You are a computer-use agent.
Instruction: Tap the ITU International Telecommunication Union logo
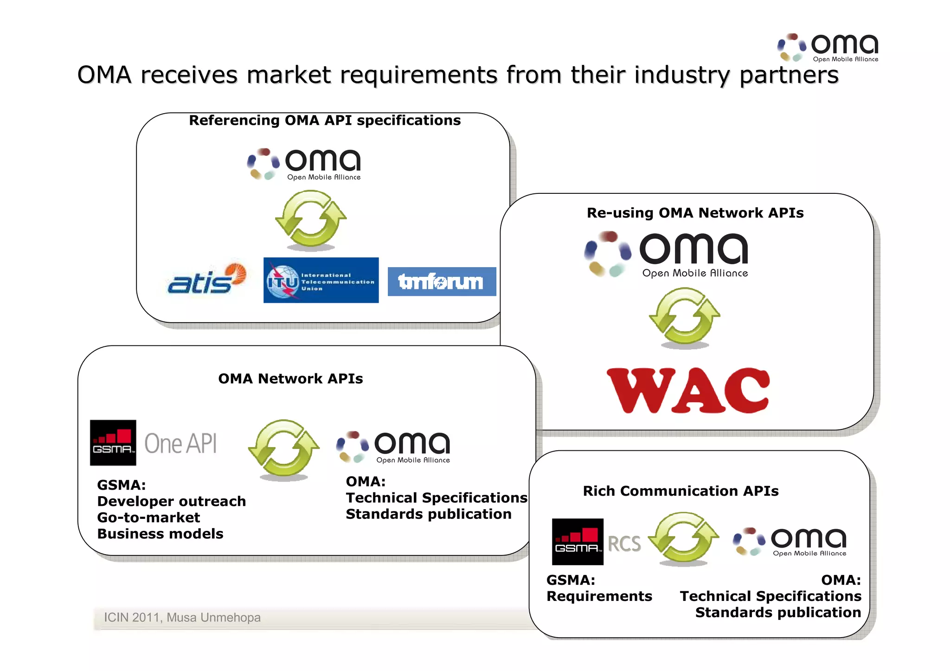pos(321,280)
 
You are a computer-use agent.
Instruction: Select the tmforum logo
pos(441,281)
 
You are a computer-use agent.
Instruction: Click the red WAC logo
pos(688,390)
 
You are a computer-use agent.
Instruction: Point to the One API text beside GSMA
pos(180,443)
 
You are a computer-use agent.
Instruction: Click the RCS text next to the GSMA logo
pos(624,543)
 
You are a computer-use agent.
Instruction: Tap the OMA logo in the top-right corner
pos(828,47)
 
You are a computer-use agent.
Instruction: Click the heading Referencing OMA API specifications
pos(325,121)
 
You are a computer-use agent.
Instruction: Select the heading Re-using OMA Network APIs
pos(695,213)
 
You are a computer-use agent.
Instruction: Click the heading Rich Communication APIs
pos(680,491)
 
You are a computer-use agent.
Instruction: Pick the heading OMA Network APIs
pos(290,379)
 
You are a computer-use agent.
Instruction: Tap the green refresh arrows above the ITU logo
pos(311,219)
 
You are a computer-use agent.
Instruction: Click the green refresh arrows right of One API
pos(284,448)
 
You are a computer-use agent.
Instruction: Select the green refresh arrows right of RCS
pos(683,538)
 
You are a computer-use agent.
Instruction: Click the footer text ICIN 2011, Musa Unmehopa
pos(182,618)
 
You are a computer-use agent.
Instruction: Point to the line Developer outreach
pos(171,501)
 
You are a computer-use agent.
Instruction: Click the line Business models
pos(160,534)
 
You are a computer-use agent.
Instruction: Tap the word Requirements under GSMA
pos(599,596)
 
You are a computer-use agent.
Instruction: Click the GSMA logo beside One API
pos(113,443)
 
